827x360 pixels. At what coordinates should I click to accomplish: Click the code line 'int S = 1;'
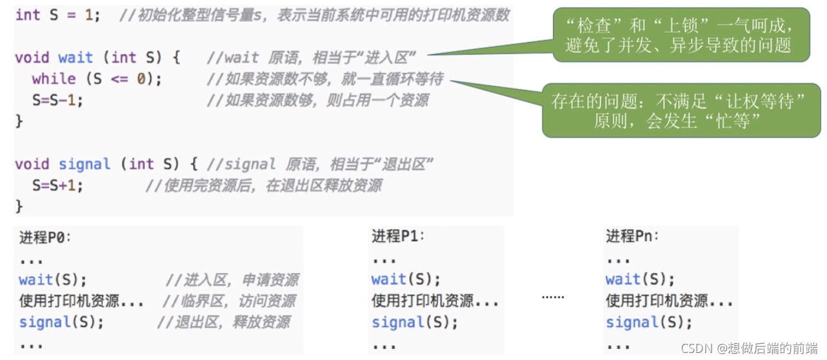(57, 15)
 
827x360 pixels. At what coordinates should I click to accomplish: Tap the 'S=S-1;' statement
(58, 100)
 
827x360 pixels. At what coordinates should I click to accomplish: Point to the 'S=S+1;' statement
(58, 186)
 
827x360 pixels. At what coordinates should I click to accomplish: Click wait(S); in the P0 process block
(52, 280)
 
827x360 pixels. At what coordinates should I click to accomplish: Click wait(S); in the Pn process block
(640, 279)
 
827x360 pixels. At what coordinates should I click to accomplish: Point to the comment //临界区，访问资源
(229, 301)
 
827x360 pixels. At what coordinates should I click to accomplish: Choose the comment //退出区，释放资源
(223, 322)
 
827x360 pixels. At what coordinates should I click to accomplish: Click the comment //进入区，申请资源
(232, 280)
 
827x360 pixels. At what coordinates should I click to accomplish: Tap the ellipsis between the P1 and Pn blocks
(552, 297)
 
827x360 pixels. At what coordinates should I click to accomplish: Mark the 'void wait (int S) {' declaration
(97, 58)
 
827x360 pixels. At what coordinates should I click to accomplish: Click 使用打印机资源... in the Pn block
(669, 301)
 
